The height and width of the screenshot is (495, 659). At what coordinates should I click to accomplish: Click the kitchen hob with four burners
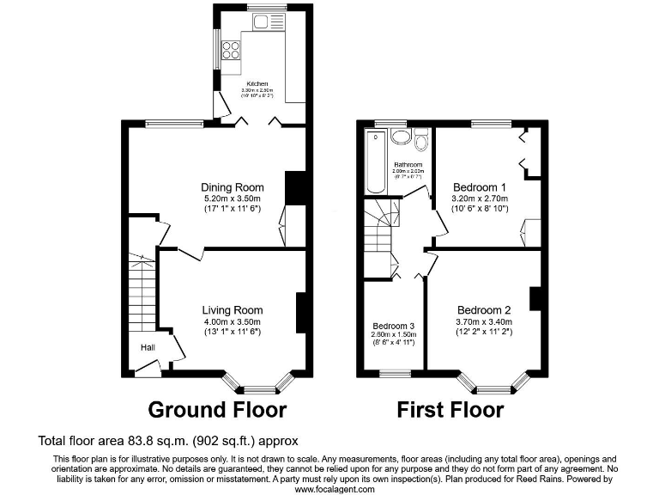pyautogui.click(x=231, y=50)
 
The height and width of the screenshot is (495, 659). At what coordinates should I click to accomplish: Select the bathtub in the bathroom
pyautogui.click(x=374, y=162)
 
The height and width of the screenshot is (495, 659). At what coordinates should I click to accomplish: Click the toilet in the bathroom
pyautogui.click(x=421, y=139)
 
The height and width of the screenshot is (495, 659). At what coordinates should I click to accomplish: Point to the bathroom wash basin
pyautogui.click(x=400, y=137)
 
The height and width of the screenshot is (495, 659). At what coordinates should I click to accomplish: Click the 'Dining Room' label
pyautogui.click(x=232, y=187)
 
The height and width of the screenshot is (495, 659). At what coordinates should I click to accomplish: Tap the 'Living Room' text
pyautogui.click(x=232, y=310)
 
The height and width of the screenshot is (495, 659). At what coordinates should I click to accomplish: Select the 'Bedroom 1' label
pyautogui.click(x=479, y=187)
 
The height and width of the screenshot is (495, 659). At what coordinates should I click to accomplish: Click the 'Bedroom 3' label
pyautogui.click(x=393, y=326)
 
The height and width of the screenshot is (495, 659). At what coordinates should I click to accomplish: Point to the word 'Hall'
pyautogui.click(x=148, y=347)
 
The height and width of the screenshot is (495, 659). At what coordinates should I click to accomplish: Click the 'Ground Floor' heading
pyautogui.click(x=217, y=409)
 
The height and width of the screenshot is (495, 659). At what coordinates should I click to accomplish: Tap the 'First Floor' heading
pyautogui.click(x=450, y=409)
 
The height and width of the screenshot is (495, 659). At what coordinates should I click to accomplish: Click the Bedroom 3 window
pyautogui.click(x=395, y=374)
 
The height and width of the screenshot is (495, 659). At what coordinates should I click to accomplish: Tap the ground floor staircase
pyautogui.click(x=142, y=292)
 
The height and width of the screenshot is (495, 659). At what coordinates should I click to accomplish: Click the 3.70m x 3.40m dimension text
pyautogui.click(x=484, y=321)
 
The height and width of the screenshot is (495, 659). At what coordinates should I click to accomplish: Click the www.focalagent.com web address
pyautogui.click(x=335, y=489)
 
